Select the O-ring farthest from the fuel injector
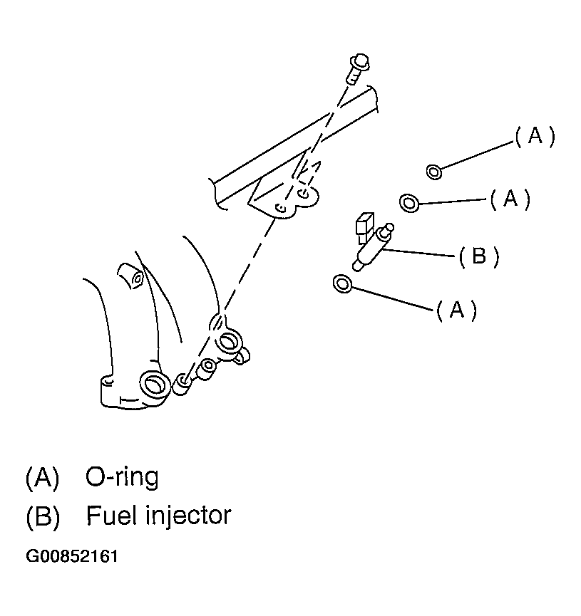434,172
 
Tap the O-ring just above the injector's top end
409,203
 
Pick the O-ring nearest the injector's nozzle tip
343,283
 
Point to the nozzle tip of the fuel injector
357,267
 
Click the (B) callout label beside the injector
479,256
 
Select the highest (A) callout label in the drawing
535,136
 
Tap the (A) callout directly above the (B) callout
510,199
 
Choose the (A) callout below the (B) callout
457,310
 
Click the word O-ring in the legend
122,477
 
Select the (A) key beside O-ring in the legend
42,478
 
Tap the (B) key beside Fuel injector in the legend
43,516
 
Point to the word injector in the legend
188,516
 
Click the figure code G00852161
72,557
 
